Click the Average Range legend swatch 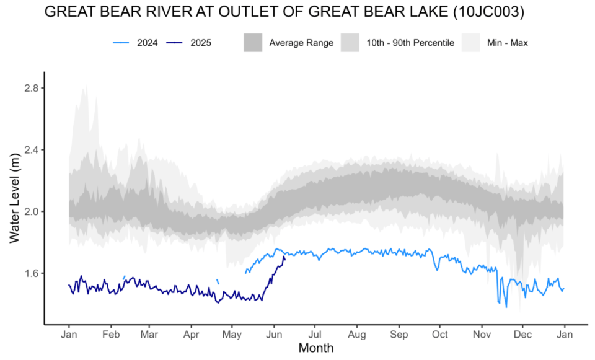[254, 43]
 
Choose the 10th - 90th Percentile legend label [415, 43]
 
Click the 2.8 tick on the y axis [30, 89]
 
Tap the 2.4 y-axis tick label [30, 150]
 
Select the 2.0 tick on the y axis [30, 212]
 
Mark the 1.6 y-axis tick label [30, 273]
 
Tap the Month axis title [316, 348]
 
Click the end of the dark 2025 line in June [284, 257]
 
